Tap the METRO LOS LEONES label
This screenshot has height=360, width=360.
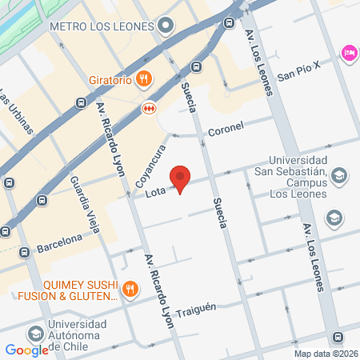101,26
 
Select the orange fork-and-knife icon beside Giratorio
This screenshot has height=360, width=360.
143,78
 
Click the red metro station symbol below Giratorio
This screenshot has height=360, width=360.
148,107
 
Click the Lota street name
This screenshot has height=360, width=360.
155,194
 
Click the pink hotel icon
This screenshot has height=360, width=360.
349,53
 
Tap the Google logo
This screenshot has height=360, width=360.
26,350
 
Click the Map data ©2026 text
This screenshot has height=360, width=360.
325,354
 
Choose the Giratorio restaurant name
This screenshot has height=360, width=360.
110,78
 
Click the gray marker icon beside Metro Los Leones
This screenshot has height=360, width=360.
166,26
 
